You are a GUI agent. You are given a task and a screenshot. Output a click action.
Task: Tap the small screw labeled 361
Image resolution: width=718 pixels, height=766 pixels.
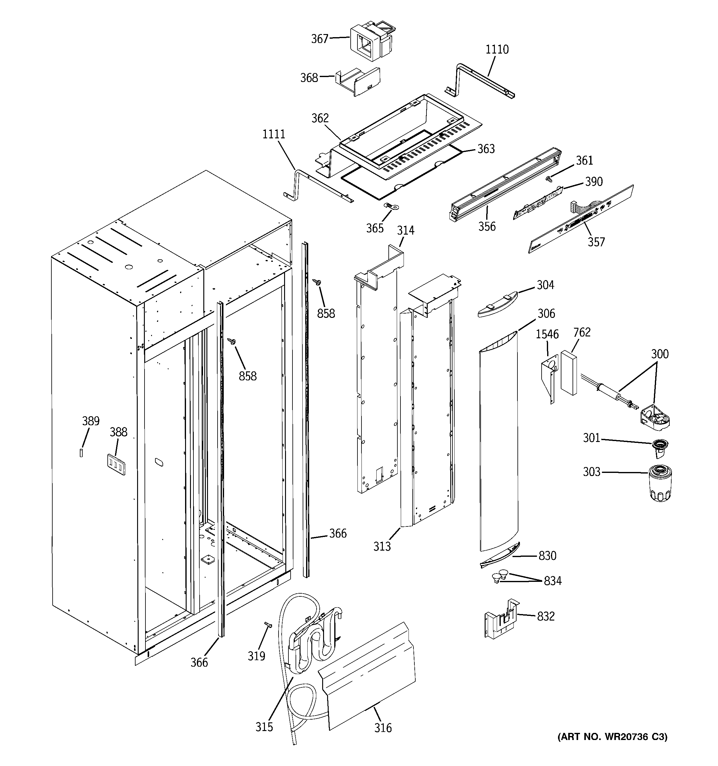coord(549,178)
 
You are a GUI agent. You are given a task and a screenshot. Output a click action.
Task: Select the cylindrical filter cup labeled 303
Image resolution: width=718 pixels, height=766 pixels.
coord(660,483)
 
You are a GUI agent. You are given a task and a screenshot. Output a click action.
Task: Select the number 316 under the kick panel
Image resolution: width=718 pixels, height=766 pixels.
coord(383,728)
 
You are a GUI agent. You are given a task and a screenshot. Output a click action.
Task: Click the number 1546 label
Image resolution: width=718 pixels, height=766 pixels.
coord(547,334)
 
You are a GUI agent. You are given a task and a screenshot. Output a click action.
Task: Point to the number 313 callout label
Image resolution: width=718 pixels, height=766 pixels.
coord(382,546)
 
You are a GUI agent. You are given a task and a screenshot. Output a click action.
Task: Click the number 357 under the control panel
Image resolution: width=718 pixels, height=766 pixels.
coord(596,242)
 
